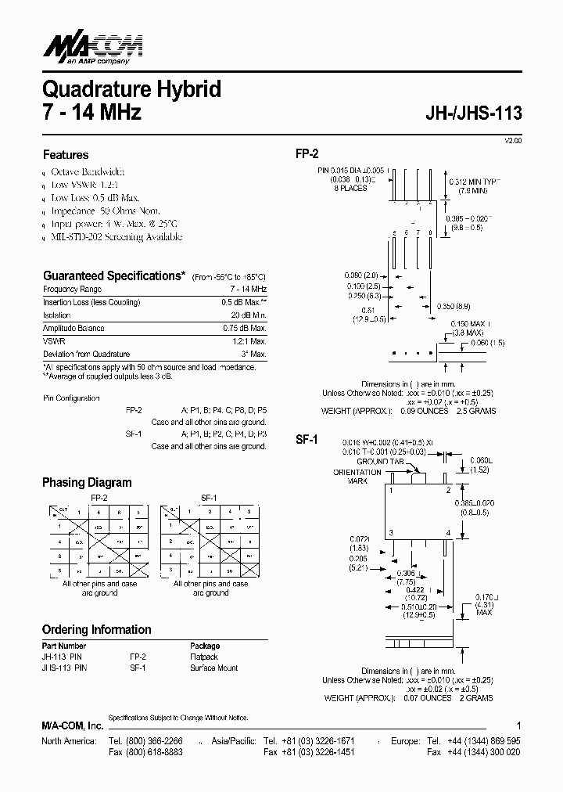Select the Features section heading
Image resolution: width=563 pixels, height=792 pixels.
[66, 155]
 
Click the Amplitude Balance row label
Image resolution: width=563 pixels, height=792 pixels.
[74, 329]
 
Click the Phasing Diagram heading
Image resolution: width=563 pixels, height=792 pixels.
[87, 483]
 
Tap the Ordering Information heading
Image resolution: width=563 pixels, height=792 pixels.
[97, 629]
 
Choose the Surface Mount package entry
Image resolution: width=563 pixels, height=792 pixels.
[213, 668]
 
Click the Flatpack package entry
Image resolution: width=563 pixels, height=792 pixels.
[204, 657]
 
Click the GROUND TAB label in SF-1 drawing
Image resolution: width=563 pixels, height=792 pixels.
[381, 462]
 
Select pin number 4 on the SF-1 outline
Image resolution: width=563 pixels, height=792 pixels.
[448, 532]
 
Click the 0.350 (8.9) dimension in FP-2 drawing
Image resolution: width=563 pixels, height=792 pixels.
[453, 305]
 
